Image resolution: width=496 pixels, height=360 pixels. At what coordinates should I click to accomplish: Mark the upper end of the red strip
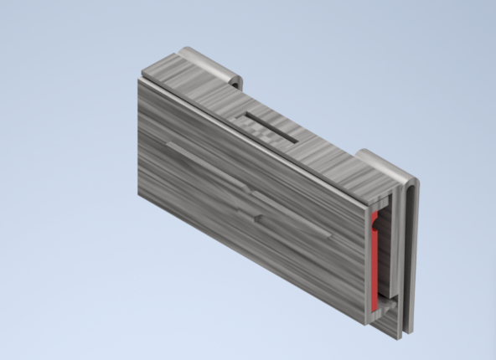click(x=374, y=215)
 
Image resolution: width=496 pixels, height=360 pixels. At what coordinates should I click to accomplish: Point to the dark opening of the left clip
click(x=237, y=83)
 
